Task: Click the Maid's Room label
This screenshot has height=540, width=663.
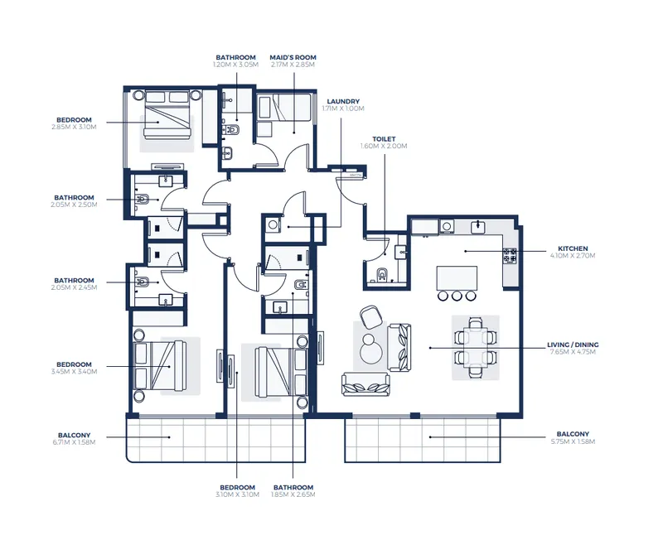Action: click(x=293, y=57)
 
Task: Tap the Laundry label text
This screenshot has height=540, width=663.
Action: click(x=343, y=101)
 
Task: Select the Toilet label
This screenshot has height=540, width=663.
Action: click(x=384, y=139)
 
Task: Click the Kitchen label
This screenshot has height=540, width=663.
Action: click(x=573, y=248)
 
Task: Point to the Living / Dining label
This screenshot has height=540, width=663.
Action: click(x=573, y=345)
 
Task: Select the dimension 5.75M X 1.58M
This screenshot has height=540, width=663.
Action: click(x=573, y=441)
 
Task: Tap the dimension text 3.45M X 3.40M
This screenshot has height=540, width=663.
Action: click(x=74, y=372)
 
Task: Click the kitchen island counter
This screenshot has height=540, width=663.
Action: click(x=457, y=278)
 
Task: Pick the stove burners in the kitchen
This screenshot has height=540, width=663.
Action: click(x=510, y=255)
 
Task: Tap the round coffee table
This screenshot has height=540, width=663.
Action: click(x=370, y=347)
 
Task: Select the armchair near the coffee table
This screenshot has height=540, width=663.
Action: click(x=371, y=317)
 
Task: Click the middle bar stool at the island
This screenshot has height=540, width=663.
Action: click(x=457, y=296)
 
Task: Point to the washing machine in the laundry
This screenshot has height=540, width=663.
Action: click(x=273, y=224)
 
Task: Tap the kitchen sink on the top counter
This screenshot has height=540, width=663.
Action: click(x=478, y=227)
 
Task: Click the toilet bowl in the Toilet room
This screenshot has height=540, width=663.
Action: click(x=383, y=275)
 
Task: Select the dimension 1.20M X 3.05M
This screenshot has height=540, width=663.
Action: click(x=235, y=65)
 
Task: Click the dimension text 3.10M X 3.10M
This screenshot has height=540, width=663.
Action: click(x=237, y=494)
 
